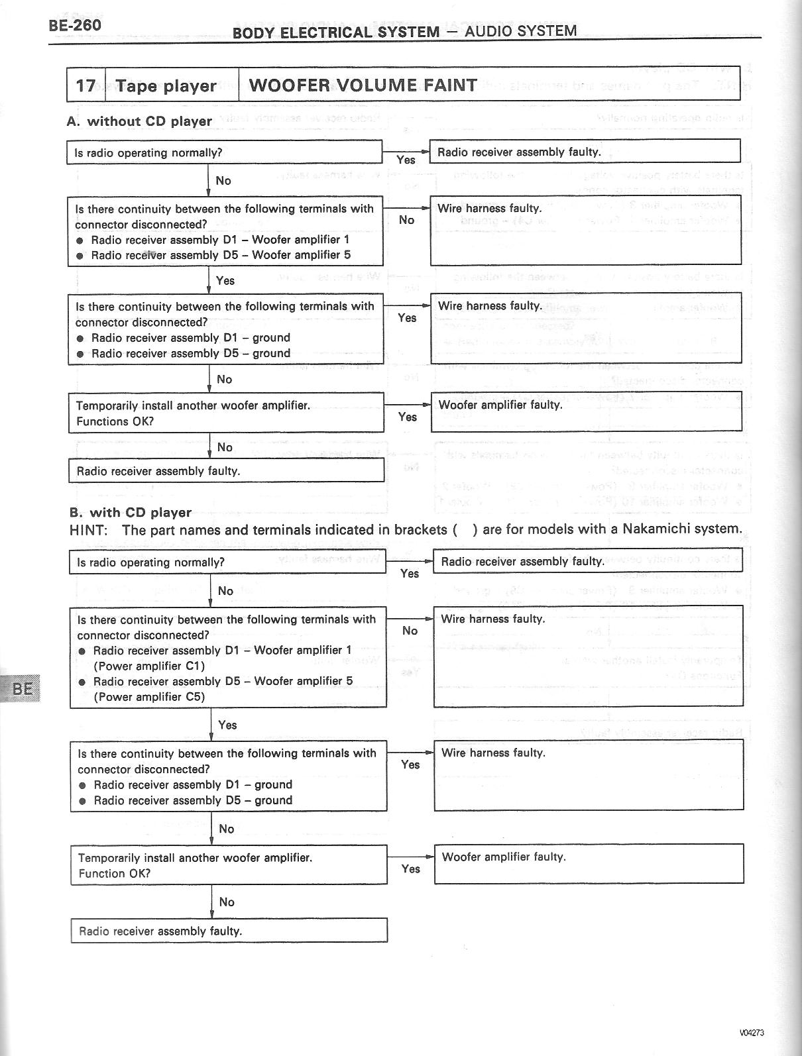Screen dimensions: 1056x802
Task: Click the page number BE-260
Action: click(75, 26)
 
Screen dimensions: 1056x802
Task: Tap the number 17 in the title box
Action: click(86, 85)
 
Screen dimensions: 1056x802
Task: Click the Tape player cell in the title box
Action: click(166, 85)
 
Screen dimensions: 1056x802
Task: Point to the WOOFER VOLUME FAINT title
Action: click(363, 85)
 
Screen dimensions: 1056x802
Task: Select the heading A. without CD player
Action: click(140, 121)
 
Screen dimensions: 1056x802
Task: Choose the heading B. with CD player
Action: click(131, 512)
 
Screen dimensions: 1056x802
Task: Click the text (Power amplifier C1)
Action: click(149, 666)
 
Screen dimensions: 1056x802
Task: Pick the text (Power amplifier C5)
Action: click(149, 696)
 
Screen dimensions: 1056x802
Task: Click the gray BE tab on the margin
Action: click(22, 688)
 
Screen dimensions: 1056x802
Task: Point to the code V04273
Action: click(753, 1032)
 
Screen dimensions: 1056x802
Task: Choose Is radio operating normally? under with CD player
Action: click(150, 562)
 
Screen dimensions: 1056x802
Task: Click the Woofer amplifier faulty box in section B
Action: click(589, 864)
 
